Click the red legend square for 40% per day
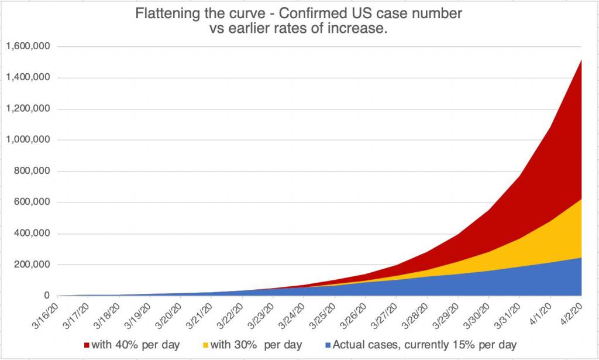coord(87,345)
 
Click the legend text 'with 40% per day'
coord(135,345)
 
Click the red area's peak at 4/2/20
coord(580,60)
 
